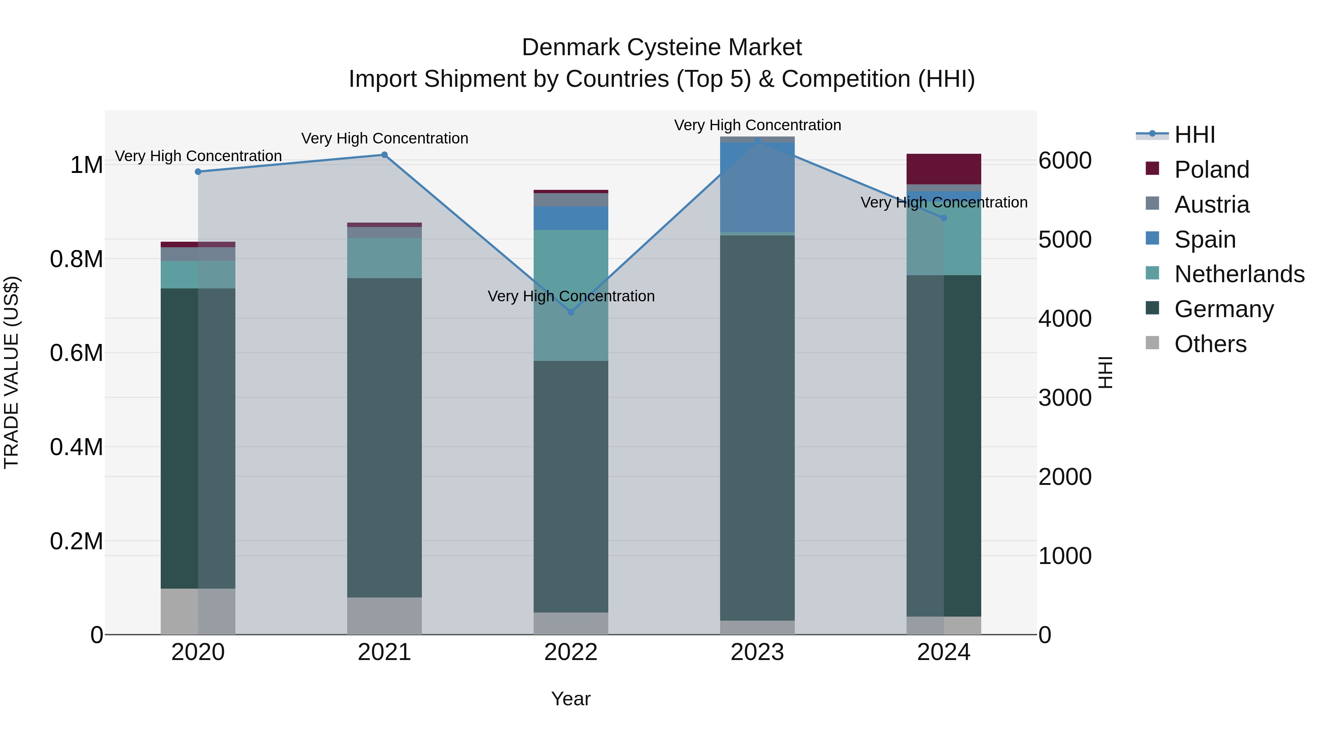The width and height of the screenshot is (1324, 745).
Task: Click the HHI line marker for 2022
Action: [570, 312]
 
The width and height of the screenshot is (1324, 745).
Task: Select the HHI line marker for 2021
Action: [384, 155]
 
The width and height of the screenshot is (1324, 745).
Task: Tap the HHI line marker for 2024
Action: [944, 218]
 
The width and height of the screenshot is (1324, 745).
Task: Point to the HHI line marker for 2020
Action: [198, 172]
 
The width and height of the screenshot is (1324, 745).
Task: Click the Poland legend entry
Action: [1211, 170]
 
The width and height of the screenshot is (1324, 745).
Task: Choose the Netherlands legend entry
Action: [1239, 274]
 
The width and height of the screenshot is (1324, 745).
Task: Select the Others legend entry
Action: [1210, 344]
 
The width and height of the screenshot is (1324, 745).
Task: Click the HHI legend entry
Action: [1195, 135]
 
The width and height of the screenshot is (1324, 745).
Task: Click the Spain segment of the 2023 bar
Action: [757, 187]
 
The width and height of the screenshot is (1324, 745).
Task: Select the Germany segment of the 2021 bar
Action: [384, 437]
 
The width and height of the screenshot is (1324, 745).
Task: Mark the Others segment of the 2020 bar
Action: [198, 611]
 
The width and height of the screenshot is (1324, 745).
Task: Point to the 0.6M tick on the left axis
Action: [76, 353]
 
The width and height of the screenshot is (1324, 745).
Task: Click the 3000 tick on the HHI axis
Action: [1064, 398]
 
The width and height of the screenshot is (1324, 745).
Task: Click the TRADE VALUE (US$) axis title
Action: [11, 372]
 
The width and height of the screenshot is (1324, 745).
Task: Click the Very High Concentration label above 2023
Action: [757, 125]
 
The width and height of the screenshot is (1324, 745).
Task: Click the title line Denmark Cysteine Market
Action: [662, 47]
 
